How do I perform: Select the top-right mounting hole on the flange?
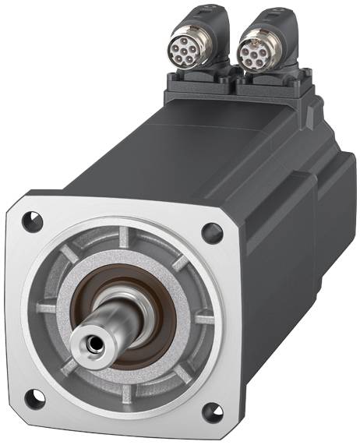(x=211, y=231)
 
